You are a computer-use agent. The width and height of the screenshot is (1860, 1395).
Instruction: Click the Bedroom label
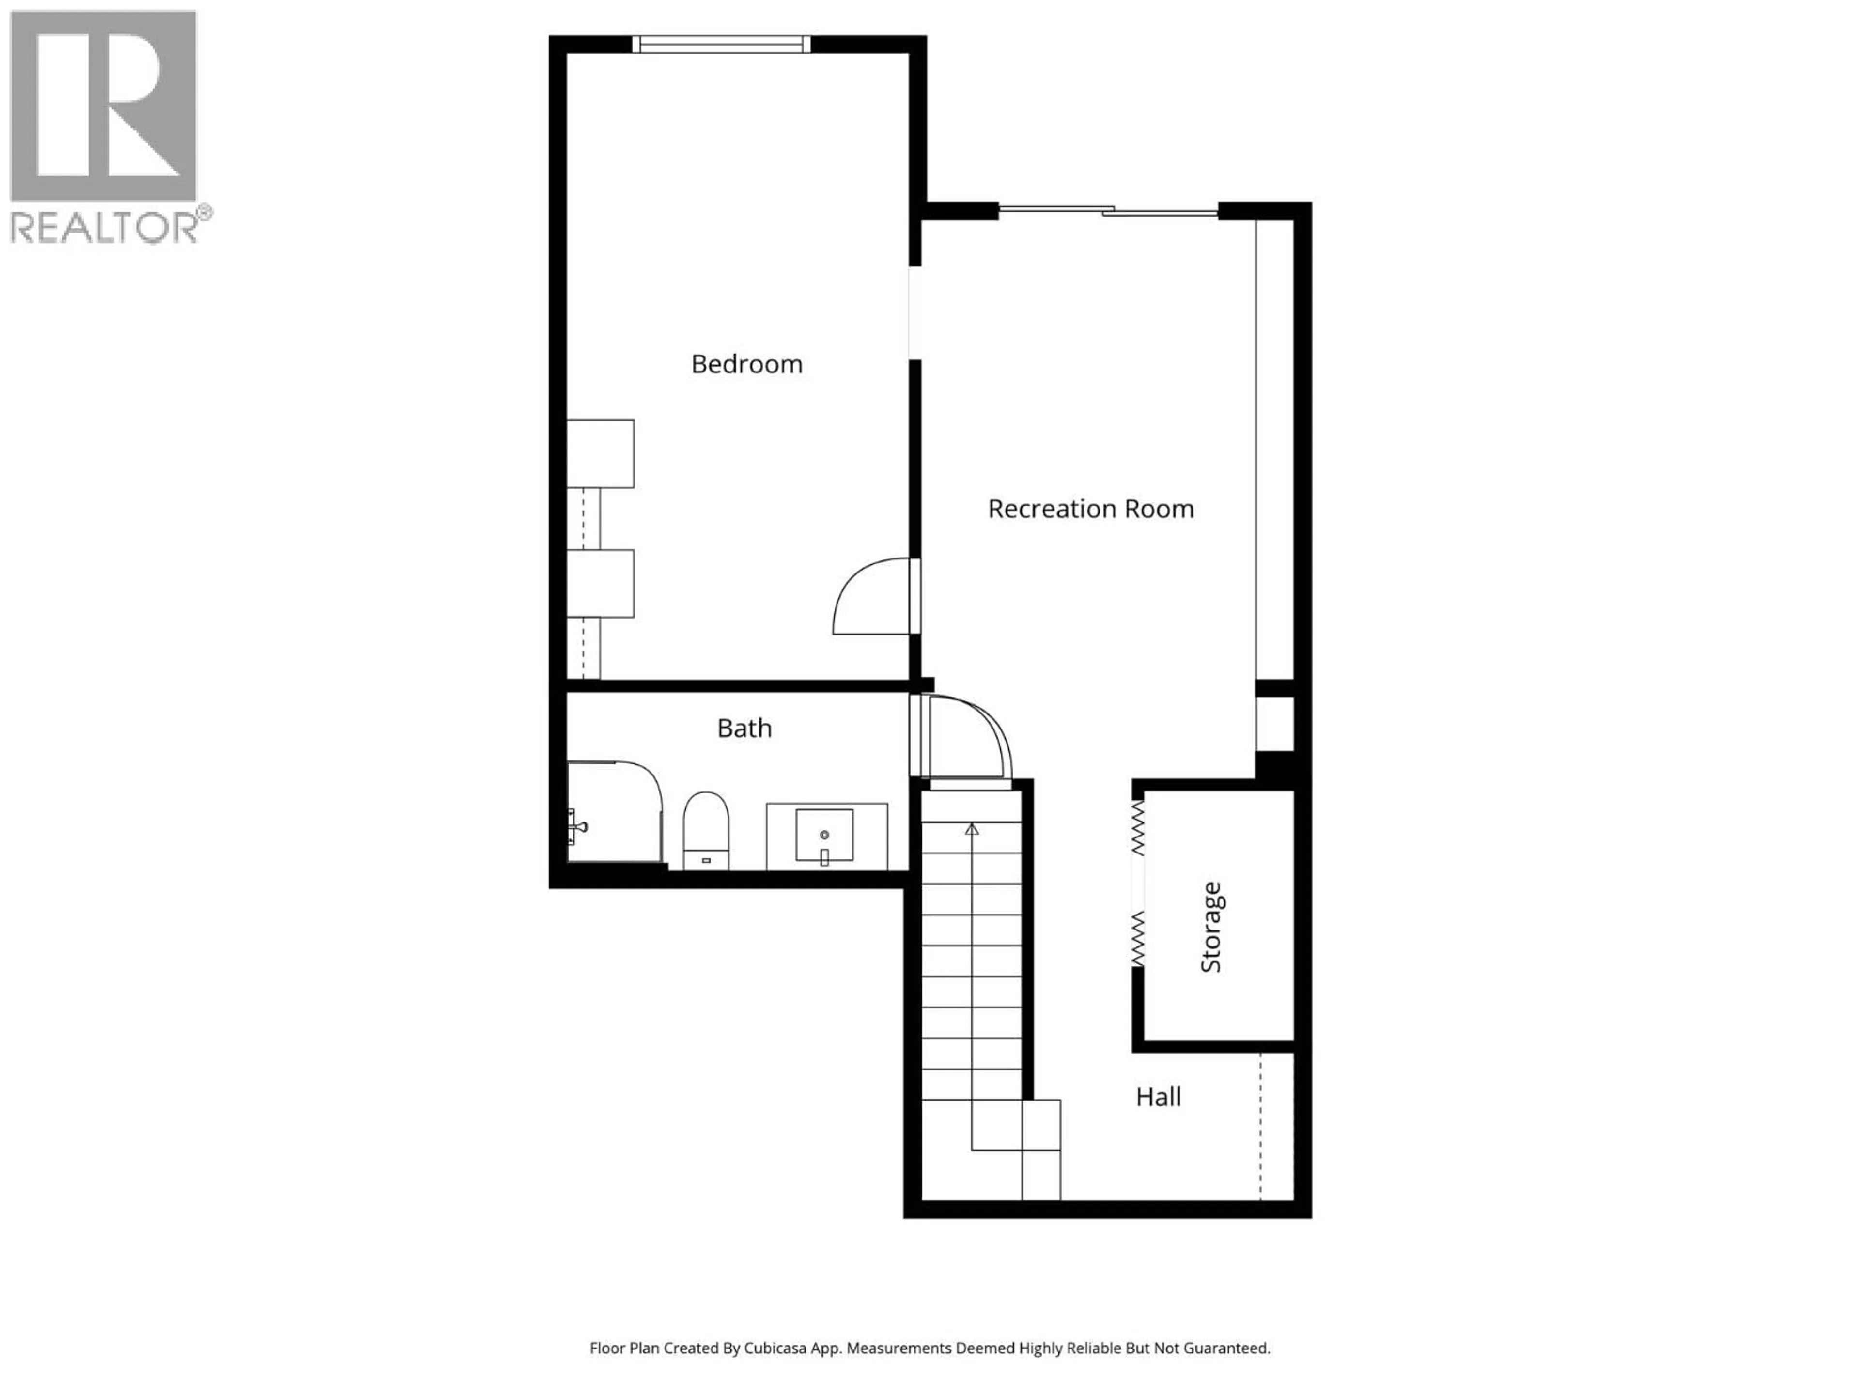tap(747, 364)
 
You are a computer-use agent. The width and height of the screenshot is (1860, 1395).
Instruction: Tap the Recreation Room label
tap(1091, 509)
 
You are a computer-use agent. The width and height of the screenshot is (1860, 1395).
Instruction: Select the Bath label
tap(744, 728)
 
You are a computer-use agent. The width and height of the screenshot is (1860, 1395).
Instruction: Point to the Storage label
tap(1211, 928)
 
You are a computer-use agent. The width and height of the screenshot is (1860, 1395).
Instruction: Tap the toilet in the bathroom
tap(705, 828)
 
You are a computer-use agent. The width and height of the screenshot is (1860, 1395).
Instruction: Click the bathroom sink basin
tap(824, 835)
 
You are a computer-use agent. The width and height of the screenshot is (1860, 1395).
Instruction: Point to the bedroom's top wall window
tap(721, 44)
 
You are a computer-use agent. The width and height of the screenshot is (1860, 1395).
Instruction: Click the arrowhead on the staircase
tap(972, 829)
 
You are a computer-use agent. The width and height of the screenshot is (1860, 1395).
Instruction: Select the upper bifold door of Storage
tap(1138, 826)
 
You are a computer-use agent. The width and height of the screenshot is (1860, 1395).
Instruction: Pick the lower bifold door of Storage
tap(1138, 938)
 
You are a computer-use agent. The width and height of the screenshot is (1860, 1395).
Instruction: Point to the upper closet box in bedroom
tap(600, 453)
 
